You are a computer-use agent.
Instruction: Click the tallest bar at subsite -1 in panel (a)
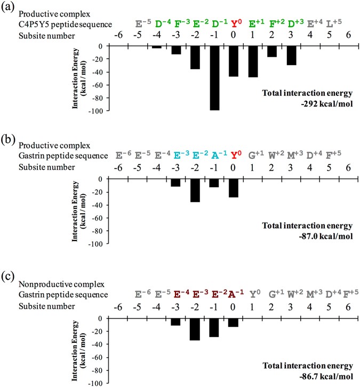[x=214, y=78]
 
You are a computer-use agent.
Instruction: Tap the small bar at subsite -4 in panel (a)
[x=156, y=47]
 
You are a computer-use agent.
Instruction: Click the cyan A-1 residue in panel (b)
[x=215, y=156]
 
